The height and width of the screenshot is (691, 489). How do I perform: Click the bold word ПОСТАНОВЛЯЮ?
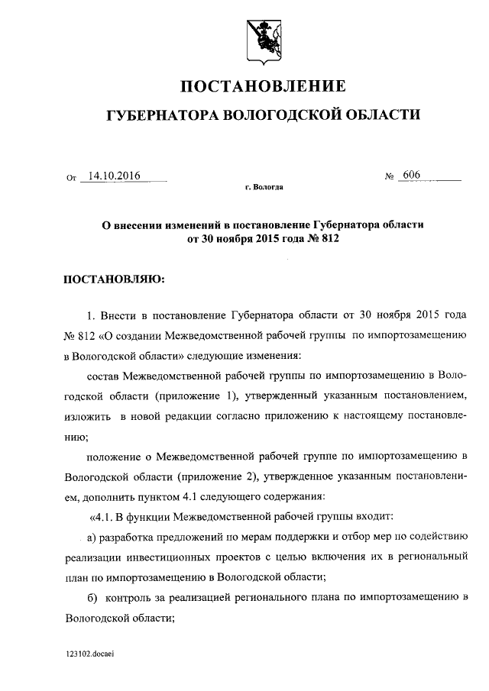pos(113,279)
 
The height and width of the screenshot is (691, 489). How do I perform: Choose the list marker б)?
pos(94,595)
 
